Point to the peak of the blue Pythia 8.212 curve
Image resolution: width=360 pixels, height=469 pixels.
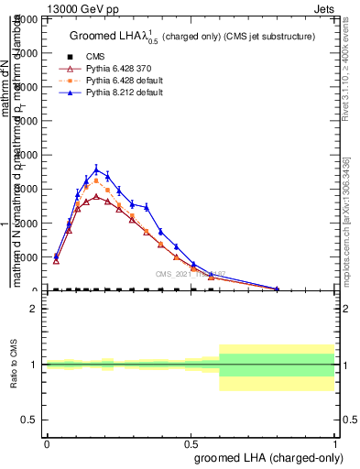pos(96,169)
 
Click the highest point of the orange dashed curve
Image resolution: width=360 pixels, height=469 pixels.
pos(96,180)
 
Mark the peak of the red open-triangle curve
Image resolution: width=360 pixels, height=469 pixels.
pos(96,197)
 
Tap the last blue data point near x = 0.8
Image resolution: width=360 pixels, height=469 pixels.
pos(278,289)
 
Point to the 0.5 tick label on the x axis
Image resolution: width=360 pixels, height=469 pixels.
pos(191,442)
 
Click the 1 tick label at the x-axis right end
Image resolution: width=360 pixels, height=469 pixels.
pos(335,442)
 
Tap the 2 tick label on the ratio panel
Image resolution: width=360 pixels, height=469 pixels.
pos(34,309)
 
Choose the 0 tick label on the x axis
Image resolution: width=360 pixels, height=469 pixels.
pos(46,442)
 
